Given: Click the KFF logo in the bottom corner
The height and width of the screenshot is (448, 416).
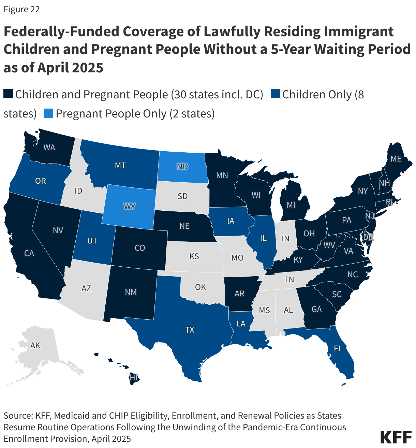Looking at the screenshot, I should coord(396,437).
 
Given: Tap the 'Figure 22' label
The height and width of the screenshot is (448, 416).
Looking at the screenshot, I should coord(21,10).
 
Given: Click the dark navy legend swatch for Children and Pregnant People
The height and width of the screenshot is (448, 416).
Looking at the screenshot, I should coord(8,94).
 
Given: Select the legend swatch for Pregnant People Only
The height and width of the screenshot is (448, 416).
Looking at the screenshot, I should coord(48,113).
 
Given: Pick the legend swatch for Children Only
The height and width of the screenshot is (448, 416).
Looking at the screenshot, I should coord(276,94).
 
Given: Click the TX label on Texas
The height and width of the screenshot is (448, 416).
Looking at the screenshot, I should coord(190,330).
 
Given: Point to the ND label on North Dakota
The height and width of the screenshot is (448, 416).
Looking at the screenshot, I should coord(182,166).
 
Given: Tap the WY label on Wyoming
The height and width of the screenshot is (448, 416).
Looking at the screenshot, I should coord(130,207).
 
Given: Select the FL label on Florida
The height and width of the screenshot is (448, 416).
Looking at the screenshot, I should coord(338,349).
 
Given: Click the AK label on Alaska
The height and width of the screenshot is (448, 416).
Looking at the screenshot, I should coord(35,345).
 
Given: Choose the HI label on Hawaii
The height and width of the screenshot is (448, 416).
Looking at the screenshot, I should coord(134,377).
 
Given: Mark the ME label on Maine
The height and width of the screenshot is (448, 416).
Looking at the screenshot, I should coord(396,158).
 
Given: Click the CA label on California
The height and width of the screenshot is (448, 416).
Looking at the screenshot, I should coord(29,253).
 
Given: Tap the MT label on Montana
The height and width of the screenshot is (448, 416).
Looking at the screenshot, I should coord(120,166).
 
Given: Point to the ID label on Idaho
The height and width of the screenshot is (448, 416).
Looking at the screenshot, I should coord(78,191).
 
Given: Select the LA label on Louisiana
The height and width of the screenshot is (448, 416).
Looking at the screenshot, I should coord(241,323).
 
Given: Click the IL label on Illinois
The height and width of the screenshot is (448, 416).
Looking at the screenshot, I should coord(263,238).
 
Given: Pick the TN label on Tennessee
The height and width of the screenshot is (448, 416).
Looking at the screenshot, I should coord(289,279).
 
